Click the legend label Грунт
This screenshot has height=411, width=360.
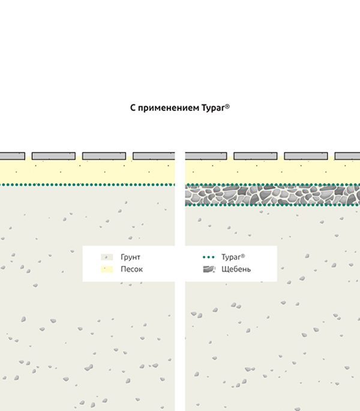click(x=130, y=257)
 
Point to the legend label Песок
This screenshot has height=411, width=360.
click(x=131, y=269)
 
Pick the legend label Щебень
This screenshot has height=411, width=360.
click(x=236, y=269)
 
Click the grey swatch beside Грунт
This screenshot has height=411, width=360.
click(x=105, y=257)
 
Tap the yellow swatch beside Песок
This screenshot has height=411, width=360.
click(x=105, y=269)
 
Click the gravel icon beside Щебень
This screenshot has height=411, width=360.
click(x=208, y=269)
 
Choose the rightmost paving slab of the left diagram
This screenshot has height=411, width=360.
click(x=154, y=156)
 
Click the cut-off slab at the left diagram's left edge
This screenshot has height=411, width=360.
click(x=11, y=156)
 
